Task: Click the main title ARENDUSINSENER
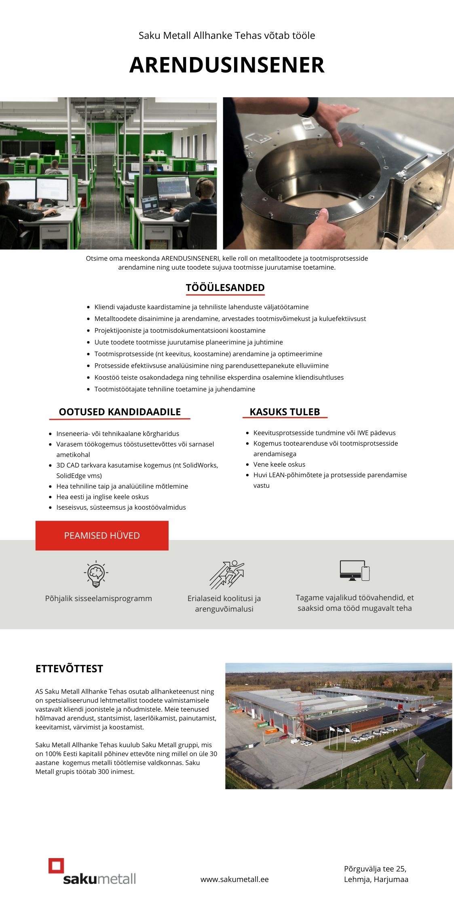(x=227, y=65)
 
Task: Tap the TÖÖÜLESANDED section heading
(x=225, y=288)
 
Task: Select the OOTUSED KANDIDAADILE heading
(x=120, y=412)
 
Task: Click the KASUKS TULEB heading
(x=285, y=412)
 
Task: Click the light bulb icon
(x=96, y=574)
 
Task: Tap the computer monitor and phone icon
(x=355, y=570)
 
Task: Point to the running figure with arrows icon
(x=227, y=574)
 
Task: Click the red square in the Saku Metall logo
(x=56, y=866)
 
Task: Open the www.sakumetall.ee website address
(x=234, y=879)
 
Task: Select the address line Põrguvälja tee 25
(x=375, y=869)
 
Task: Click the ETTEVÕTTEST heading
(x=69, y=669)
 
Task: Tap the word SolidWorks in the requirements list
(x=200, y=465)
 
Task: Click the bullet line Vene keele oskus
(x=279, y=464)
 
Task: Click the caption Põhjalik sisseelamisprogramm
(x=99, y=598)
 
